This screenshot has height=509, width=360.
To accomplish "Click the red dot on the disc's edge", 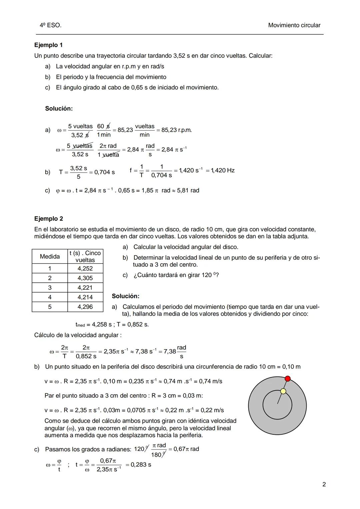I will pos(288,378).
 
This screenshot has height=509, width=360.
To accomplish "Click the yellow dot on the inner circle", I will pos(283,391).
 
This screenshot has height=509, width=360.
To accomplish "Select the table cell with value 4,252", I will pos(85,268).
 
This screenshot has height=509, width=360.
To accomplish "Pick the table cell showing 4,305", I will pos(85,278).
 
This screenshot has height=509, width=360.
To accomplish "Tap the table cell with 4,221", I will pos(85,288).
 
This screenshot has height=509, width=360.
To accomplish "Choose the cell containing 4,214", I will pos(85,297).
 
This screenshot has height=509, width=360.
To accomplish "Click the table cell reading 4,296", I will pos(85,307).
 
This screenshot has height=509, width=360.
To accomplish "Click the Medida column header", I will pos(50,256).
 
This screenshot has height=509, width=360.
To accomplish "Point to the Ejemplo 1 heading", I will pos(48,45).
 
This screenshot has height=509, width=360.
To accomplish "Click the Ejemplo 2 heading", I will pos(49,219).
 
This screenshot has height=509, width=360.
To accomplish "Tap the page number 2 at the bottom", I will pos(324,484).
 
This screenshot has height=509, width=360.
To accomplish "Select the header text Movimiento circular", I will pos(294,25).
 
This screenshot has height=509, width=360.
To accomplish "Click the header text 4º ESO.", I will pos(50,25).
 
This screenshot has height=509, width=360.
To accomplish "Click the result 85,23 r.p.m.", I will pos(177,130).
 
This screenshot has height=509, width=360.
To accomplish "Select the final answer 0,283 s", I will pos(141,465).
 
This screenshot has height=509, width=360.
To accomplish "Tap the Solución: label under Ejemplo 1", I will pos(59,109).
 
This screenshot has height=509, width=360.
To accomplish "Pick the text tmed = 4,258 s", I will pos(94,324).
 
